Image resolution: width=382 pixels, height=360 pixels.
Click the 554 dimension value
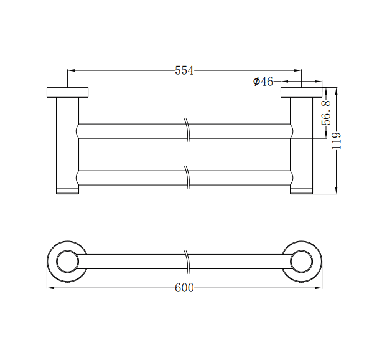coord(184,71)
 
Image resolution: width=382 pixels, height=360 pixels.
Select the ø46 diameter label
coord(263,82)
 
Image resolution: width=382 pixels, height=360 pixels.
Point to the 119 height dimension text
coord(337,141)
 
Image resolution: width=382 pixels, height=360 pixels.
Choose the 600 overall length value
coord(184,288)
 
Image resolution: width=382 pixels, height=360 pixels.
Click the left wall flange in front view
coord(67,92)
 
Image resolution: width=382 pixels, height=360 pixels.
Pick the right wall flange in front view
coord(301,92)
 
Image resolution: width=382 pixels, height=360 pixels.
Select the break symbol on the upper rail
coord(187,130)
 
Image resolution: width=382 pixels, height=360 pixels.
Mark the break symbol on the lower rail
coord(187,177)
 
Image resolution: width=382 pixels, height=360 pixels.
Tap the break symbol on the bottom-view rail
coord(187,261)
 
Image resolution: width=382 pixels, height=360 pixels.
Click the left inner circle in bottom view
coord(67,261)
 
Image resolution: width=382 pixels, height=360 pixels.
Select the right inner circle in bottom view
coord(302,261)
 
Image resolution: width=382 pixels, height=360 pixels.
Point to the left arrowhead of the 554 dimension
coord(70,70)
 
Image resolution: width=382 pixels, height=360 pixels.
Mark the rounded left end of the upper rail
coord(78,131)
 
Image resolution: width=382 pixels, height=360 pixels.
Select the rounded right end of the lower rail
coord(291,178)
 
